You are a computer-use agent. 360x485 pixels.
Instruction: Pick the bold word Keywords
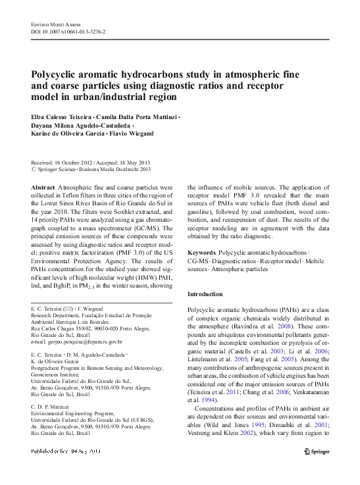(x=201, y=253)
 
